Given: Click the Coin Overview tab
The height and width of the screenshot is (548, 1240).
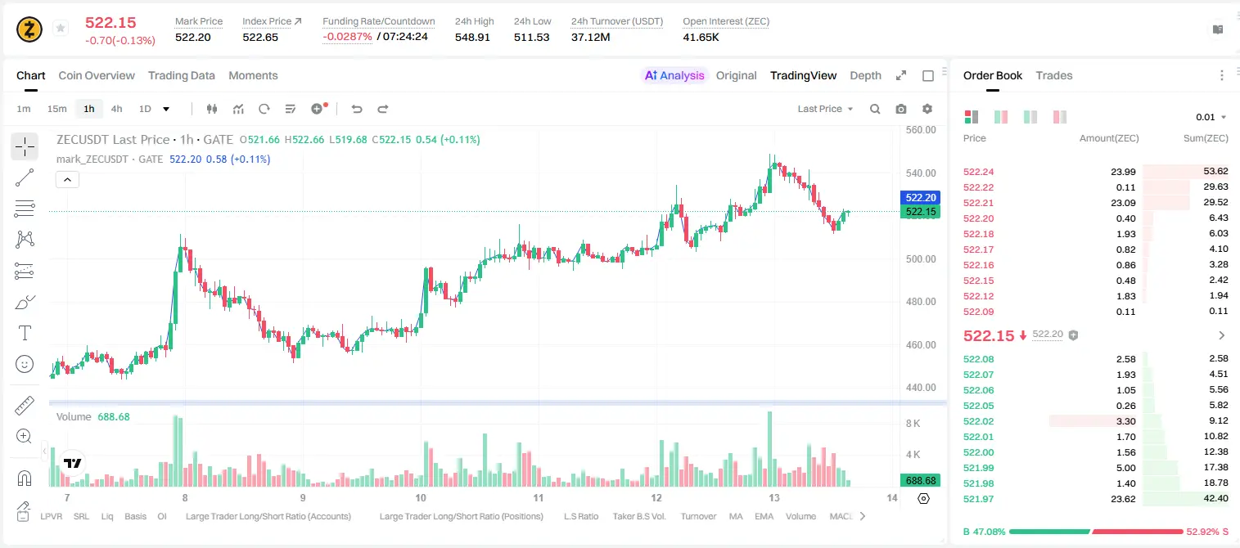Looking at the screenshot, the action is [97, 75].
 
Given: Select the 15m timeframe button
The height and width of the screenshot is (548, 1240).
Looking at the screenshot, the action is [57, 109].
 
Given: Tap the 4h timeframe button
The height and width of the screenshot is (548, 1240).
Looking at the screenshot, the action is [116, 109].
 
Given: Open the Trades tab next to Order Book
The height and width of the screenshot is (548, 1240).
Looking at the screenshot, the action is [1054, 75].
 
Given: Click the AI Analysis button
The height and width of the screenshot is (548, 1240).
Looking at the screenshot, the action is [674, 75].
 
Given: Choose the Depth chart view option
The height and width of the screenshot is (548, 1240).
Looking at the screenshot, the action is [865, 75].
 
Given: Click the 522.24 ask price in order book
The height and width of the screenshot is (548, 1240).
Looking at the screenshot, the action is [978, 172].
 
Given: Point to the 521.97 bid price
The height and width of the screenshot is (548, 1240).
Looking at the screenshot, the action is [978, 499].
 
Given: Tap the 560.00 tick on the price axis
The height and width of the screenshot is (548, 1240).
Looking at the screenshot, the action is [921, 130].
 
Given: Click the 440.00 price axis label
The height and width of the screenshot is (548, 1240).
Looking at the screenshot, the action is [921, 388].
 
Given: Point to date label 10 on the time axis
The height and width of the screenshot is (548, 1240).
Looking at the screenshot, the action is [421, 497].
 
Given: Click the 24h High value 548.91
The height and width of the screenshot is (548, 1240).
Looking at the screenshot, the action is [472, 37].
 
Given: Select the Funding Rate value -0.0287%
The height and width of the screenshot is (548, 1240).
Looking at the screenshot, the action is [347, 37].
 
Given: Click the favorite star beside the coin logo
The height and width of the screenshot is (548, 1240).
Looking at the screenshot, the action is [61, 28].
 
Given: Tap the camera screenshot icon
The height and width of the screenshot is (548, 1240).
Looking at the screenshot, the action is [901, 109].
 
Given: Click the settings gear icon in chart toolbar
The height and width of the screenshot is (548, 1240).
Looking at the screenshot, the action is [927, 109].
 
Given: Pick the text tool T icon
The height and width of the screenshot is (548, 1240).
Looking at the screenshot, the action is [25, 333].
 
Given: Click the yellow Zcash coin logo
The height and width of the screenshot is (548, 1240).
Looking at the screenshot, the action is [29, 29].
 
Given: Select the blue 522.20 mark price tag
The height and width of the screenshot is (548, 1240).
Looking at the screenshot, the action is [921, 197].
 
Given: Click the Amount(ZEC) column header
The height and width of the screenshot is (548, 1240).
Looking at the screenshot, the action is [1109, 138].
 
